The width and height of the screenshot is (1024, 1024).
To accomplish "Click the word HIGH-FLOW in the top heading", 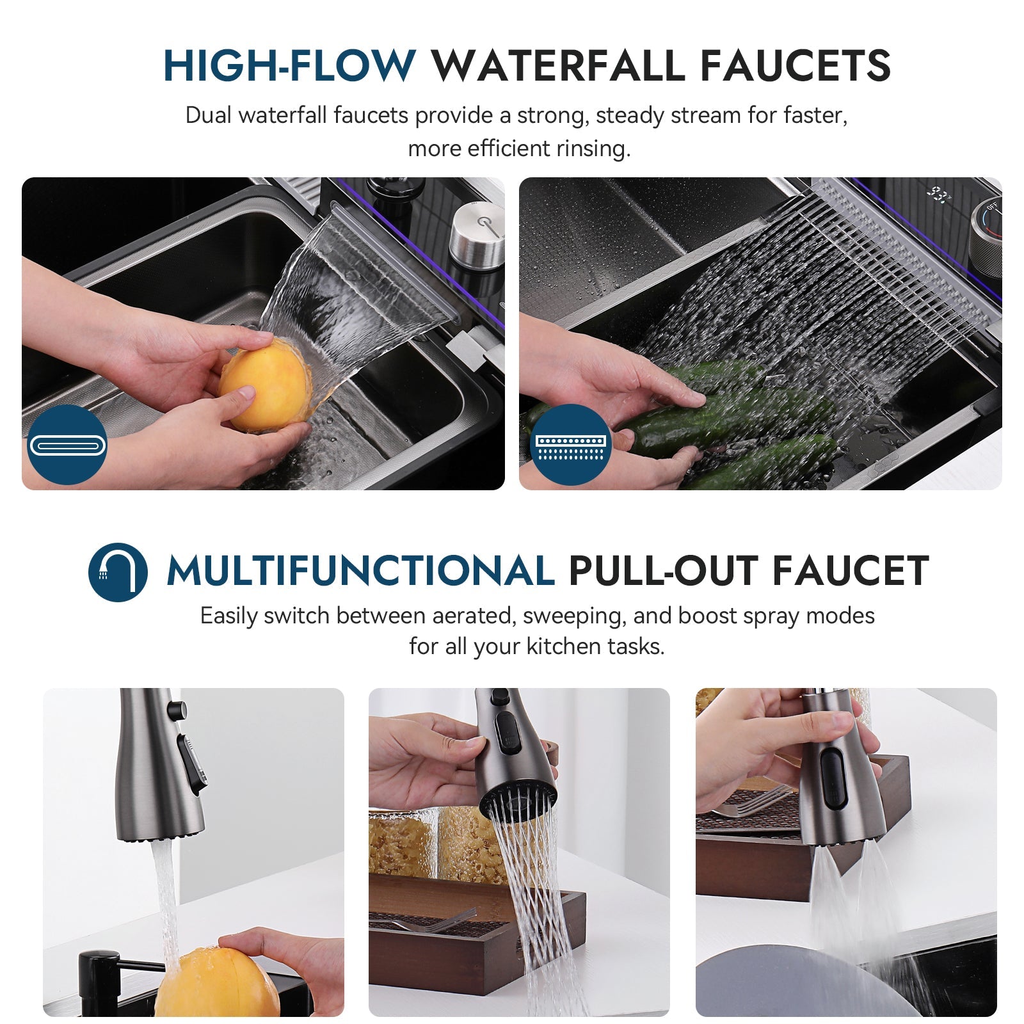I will (x=289, y=66).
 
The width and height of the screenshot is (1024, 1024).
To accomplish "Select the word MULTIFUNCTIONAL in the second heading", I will (x=360, y=571).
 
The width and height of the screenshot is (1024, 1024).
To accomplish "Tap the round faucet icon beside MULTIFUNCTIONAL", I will (x=118, y=572).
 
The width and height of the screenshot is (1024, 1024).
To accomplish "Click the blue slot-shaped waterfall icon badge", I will (x=67, y=445).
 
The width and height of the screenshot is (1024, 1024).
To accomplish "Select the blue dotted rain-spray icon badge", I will (x=571, y=445).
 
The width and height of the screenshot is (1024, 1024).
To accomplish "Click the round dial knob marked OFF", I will (x=986, y=228).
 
